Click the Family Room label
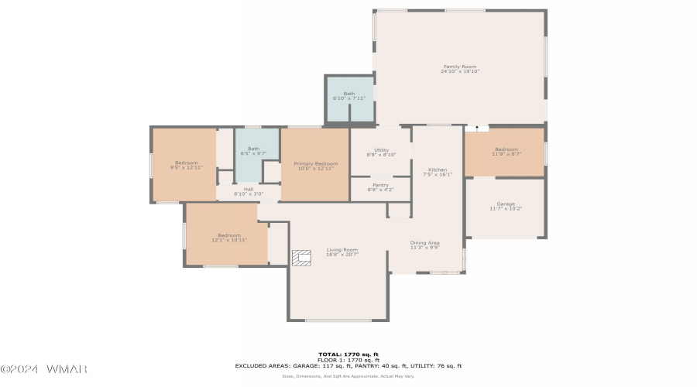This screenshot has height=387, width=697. pyautogui.click(x=460, y=69)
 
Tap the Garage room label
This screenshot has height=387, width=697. pyautogui.click(x=506, y=207)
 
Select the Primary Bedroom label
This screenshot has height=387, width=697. pyautogui.click(x=315, y=166)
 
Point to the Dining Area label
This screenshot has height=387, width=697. pyautogui.click(x=424, y=245)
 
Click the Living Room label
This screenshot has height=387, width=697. pyautogui.click(x=342, y=252)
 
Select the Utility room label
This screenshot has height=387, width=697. pyautogui.click(x=381, y=152)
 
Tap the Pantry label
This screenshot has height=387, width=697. pyautogui.click(x=380, y=187)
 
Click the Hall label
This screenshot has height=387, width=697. pyautogui.click(x=249, y=191)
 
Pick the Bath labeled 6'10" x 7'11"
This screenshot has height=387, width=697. pyautogui.click(x=348, y=96)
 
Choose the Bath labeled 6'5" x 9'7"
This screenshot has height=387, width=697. pyautogui.click(x=254, y=151)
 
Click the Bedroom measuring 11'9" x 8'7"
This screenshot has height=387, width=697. pyautogui.click(x=506, y=152)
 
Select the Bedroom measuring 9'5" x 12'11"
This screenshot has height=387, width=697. pyautogui.click(x=186, y=165)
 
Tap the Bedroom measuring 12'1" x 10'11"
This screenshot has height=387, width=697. pyautogui.click(x=229, y=238)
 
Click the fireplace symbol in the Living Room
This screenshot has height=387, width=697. pyautogui.click(x=301, y=257)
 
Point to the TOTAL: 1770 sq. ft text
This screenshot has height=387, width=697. pyautogui.click(x=348, y=354)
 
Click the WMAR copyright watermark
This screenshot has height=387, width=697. pyautogui.click(x=43, y=368)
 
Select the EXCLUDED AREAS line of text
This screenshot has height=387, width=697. pyautogui.click(x=348, y=365)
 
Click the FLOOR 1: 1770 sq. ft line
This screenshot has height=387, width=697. pyautogui.click(x=348, y=360)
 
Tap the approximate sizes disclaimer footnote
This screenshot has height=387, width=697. pyautogui.click(x=348, y=375)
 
